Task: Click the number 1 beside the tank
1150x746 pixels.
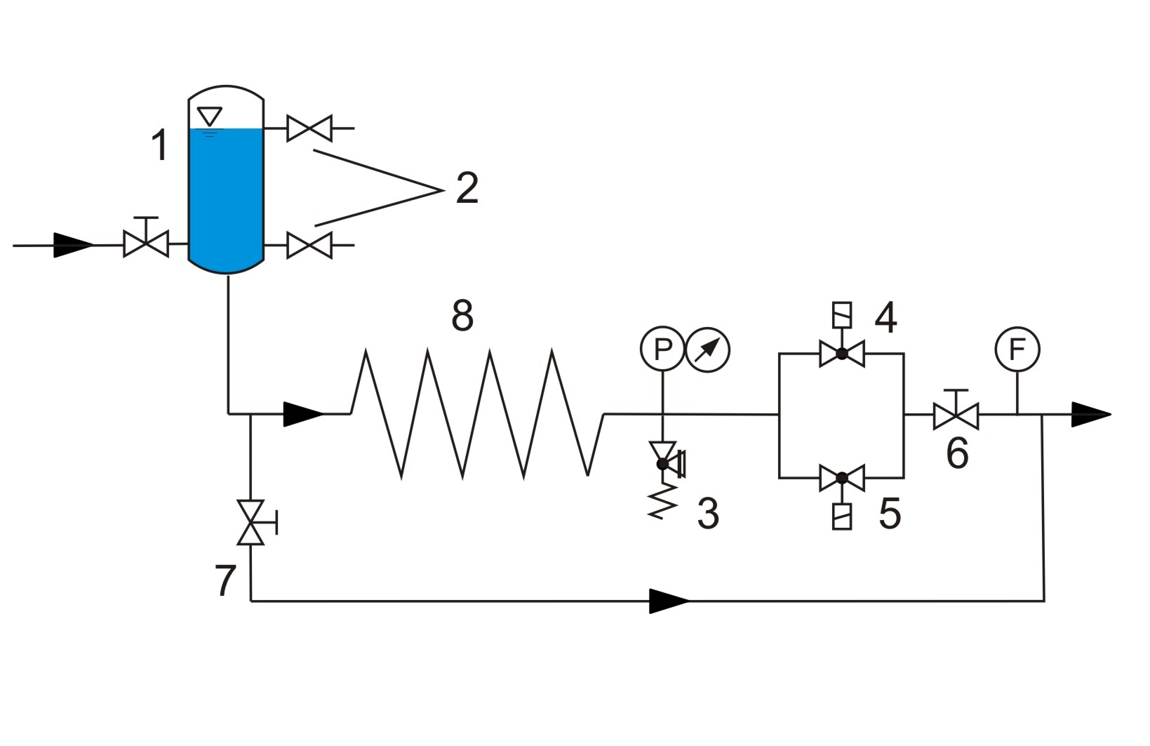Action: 161,145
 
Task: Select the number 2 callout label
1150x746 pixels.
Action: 467,188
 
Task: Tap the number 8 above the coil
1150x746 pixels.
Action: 462,316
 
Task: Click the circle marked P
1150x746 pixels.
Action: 662,349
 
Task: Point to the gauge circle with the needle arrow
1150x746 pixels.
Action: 708,349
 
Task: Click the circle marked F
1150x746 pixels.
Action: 1017,349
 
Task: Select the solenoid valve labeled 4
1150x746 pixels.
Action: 842,353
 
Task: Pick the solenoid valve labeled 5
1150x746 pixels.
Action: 842,478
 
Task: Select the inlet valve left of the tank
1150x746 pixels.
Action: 146,239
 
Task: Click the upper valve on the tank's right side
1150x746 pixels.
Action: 309,128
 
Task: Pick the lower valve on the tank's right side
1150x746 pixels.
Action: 309,245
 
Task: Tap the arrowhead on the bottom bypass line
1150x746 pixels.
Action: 669,601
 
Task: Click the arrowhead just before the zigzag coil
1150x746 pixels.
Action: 304,414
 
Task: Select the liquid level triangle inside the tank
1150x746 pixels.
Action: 210,116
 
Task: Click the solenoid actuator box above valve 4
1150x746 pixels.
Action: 842,314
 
